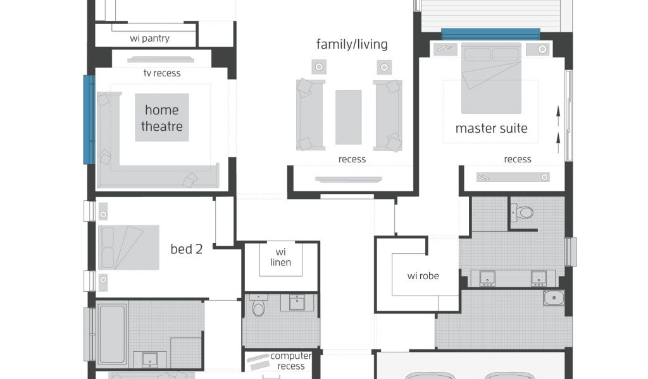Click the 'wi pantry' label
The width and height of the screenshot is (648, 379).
coord(149,39)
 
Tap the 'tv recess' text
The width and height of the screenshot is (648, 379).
coord(162,73)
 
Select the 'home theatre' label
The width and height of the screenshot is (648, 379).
coord(162,118)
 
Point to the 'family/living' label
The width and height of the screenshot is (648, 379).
coord(352,45)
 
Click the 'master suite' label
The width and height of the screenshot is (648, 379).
coord(491,128)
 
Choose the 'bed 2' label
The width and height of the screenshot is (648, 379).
coord(187,249)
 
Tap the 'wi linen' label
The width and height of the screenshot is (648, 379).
coord(280,257)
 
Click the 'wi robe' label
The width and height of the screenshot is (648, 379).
coord(423,276)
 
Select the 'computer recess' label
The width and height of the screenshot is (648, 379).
coord(291,361)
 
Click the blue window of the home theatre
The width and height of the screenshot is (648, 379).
coord(89,119)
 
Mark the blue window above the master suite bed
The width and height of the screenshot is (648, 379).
coord(490,34)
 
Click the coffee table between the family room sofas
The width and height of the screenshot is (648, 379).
coord(349,117)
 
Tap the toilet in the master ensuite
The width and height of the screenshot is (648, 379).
coord(523,213)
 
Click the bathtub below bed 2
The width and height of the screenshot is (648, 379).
coord(112,334)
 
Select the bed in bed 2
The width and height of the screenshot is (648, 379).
coord(128,248)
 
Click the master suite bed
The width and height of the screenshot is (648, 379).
coord(491,78)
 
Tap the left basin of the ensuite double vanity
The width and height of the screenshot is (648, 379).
coord(488,278)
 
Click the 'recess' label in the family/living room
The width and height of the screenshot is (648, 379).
coord(352,159)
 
